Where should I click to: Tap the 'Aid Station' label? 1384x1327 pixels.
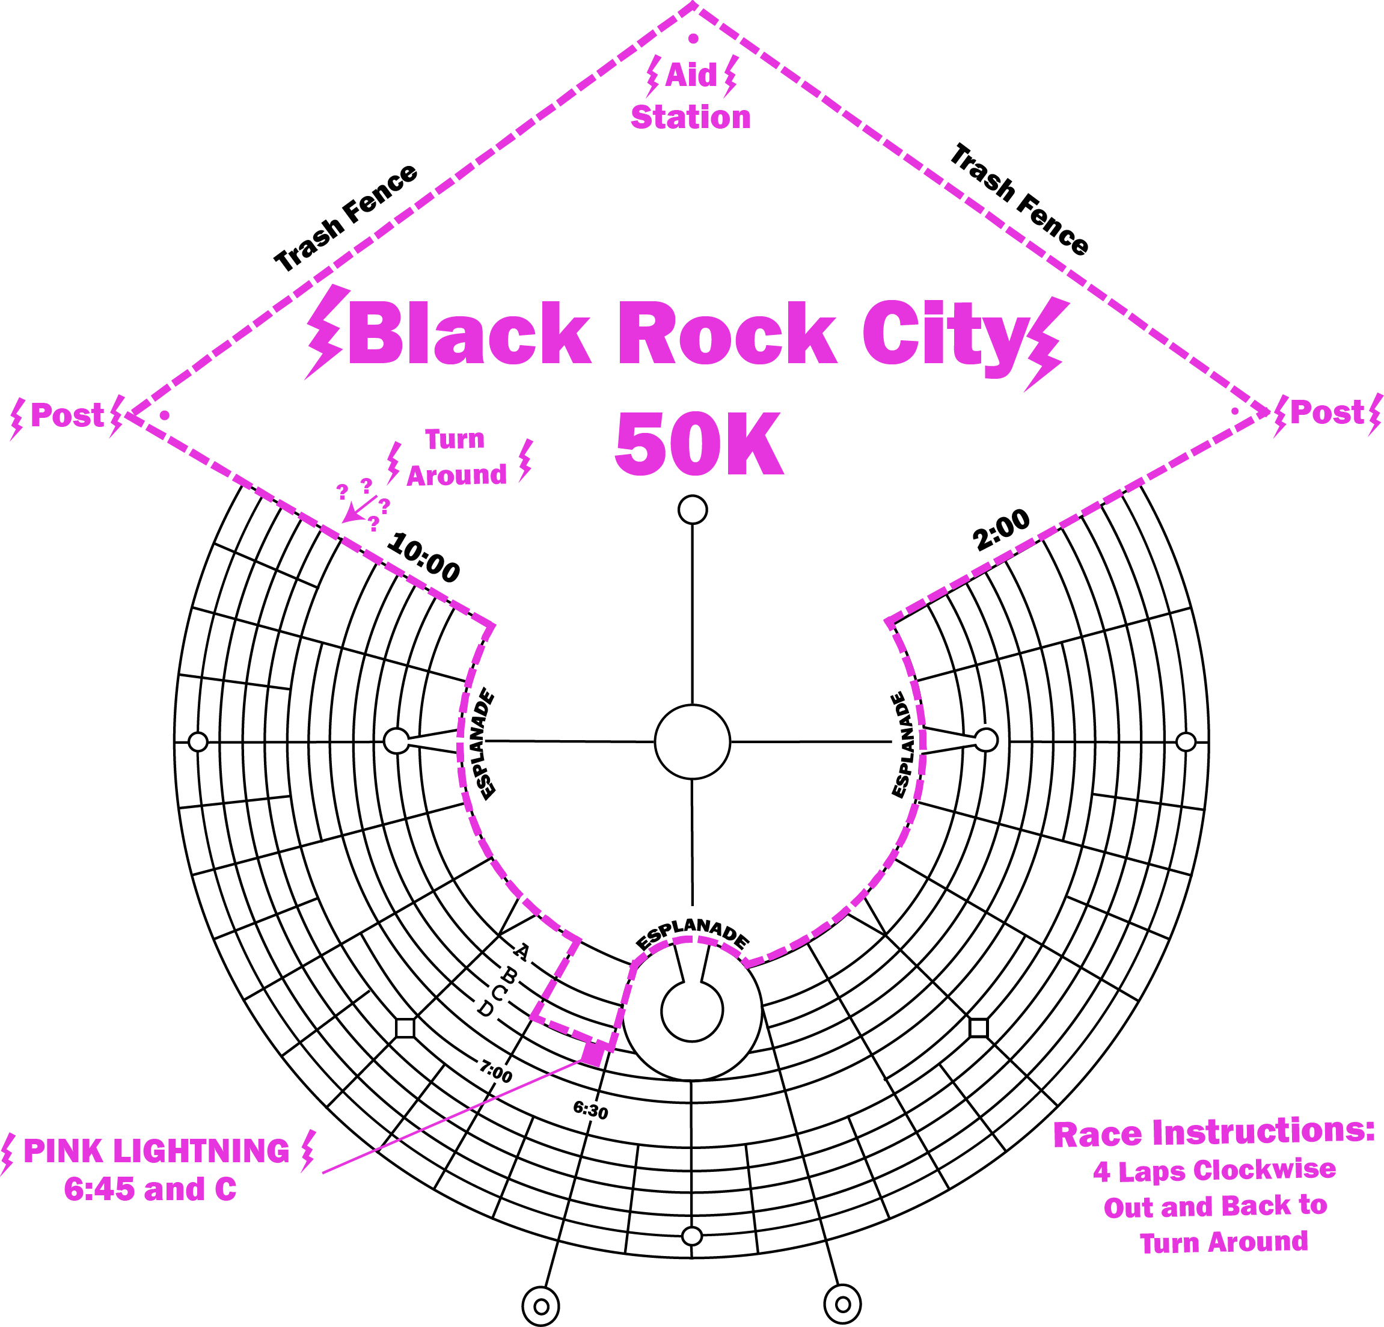(x=691, y=97)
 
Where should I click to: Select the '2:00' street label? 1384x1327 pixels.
(x=1001, y=532)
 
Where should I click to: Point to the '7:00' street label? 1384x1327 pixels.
(x=495, y=1073)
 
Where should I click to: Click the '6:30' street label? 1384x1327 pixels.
(x=590, y=1111)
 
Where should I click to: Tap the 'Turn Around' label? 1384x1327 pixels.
(x=456, y=458)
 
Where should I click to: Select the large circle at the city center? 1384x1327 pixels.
(x=692, y=741)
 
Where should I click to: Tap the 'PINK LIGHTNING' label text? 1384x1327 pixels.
(x=157, y=1151)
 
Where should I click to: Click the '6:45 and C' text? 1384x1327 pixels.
(x=150, y=1189)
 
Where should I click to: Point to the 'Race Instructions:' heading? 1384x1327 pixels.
(x=1214, y=1133)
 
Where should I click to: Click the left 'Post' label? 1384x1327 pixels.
(x=67, y=415)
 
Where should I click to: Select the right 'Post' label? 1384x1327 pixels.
(x=1327, y=412)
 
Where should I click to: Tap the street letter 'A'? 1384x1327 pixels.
(x=521, y=952)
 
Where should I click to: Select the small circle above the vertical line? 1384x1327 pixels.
(x=693, y=509)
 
